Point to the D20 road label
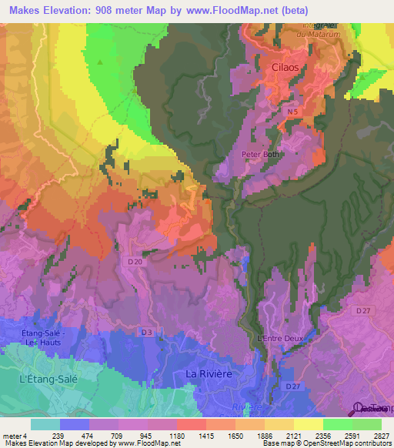point(135,262)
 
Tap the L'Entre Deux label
point(281,337)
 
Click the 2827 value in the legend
point(381,434)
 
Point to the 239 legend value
point(58,434)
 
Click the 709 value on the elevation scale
point(117,434)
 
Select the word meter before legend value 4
point(13,434)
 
